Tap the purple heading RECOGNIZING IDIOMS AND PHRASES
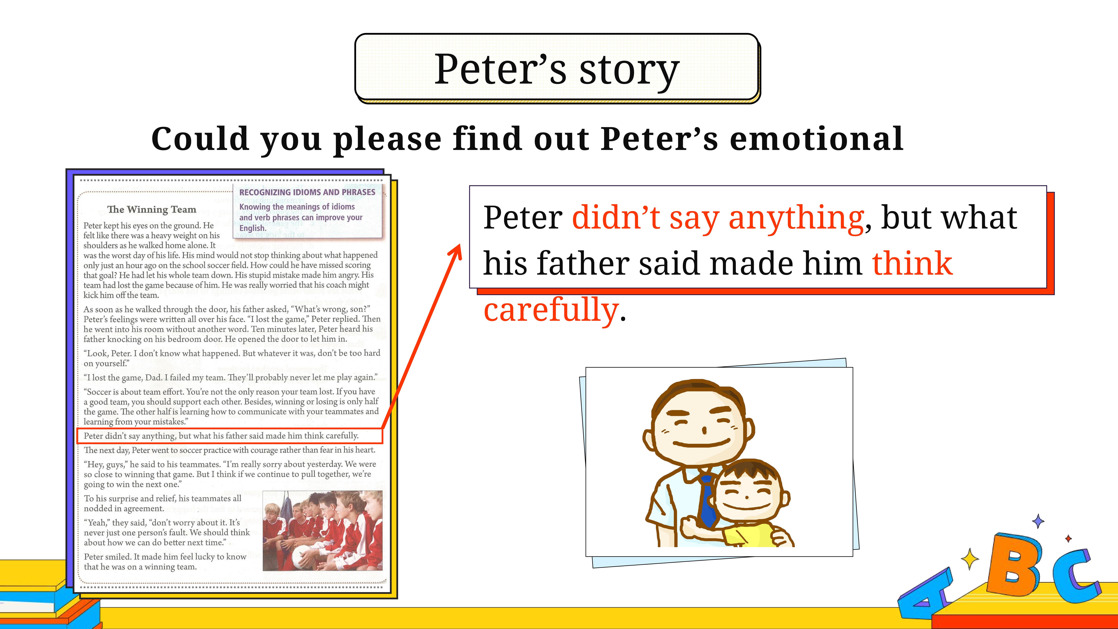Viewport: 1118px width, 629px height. point(307,192)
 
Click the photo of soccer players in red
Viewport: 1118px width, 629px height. point(322,530)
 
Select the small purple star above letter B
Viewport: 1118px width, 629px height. point(1038,521)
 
